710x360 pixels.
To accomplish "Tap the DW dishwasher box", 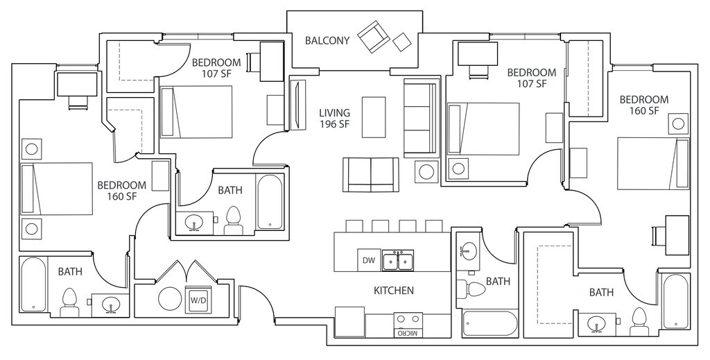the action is (x=368, y=260).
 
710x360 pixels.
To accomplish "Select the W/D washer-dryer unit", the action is (x=198, y=300).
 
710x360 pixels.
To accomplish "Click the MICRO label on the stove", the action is (x=408, y=333).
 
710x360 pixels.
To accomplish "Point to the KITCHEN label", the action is (x=394, y=291).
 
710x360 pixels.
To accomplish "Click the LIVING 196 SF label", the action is (x=334, y=119).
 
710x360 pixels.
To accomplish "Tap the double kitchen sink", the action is (x=397, y=260).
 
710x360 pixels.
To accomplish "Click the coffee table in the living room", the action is (x=374, y=117).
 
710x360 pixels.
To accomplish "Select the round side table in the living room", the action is (x=426, y=171).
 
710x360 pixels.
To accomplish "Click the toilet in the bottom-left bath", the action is (x=69, y=302).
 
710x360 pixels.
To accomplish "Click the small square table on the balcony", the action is (x=402, y=42).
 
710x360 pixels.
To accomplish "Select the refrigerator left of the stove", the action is (x=349, y=321).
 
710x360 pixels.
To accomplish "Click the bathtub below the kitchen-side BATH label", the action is (x=490, y=324).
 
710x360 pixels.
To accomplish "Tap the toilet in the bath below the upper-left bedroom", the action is (x=232, y=220).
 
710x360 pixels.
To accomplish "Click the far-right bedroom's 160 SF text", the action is (x=643, y=111).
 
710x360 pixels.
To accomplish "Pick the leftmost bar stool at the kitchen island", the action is (x=354, y=226).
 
